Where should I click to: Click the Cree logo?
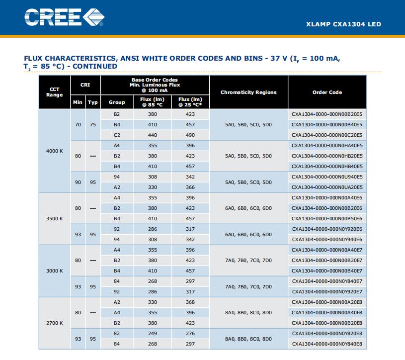[64, 17]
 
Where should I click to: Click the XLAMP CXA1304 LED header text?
[343, 24]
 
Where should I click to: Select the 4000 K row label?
[55, 151]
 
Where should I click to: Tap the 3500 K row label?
[55, 219]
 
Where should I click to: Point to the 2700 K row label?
[55, 323]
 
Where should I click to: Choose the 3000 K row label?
[55, 271]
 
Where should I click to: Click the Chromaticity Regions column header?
[248, 92]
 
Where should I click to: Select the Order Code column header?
[327, 92]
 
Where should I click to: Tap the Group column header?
[117, 102]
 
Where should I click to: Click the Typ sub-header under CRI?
[93, 102]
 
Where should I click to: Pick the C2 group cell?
[117, 135]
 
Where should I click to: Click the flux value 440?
[153, 135]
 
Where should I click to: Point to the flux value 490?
[190, 135]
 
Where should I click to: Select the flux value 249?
[153, 334]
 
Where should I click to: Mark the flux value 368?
[190, 302]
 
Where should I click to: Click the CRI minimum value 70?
[78, 125]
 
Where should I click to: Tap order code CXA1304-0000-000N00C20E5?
[327, 135]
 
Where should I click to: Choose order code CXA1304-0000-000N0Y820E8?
[327, 334]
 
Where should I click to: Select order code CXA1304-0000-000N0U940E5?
[327, 177]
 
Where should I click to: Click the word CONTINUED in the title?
[95, 67]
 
